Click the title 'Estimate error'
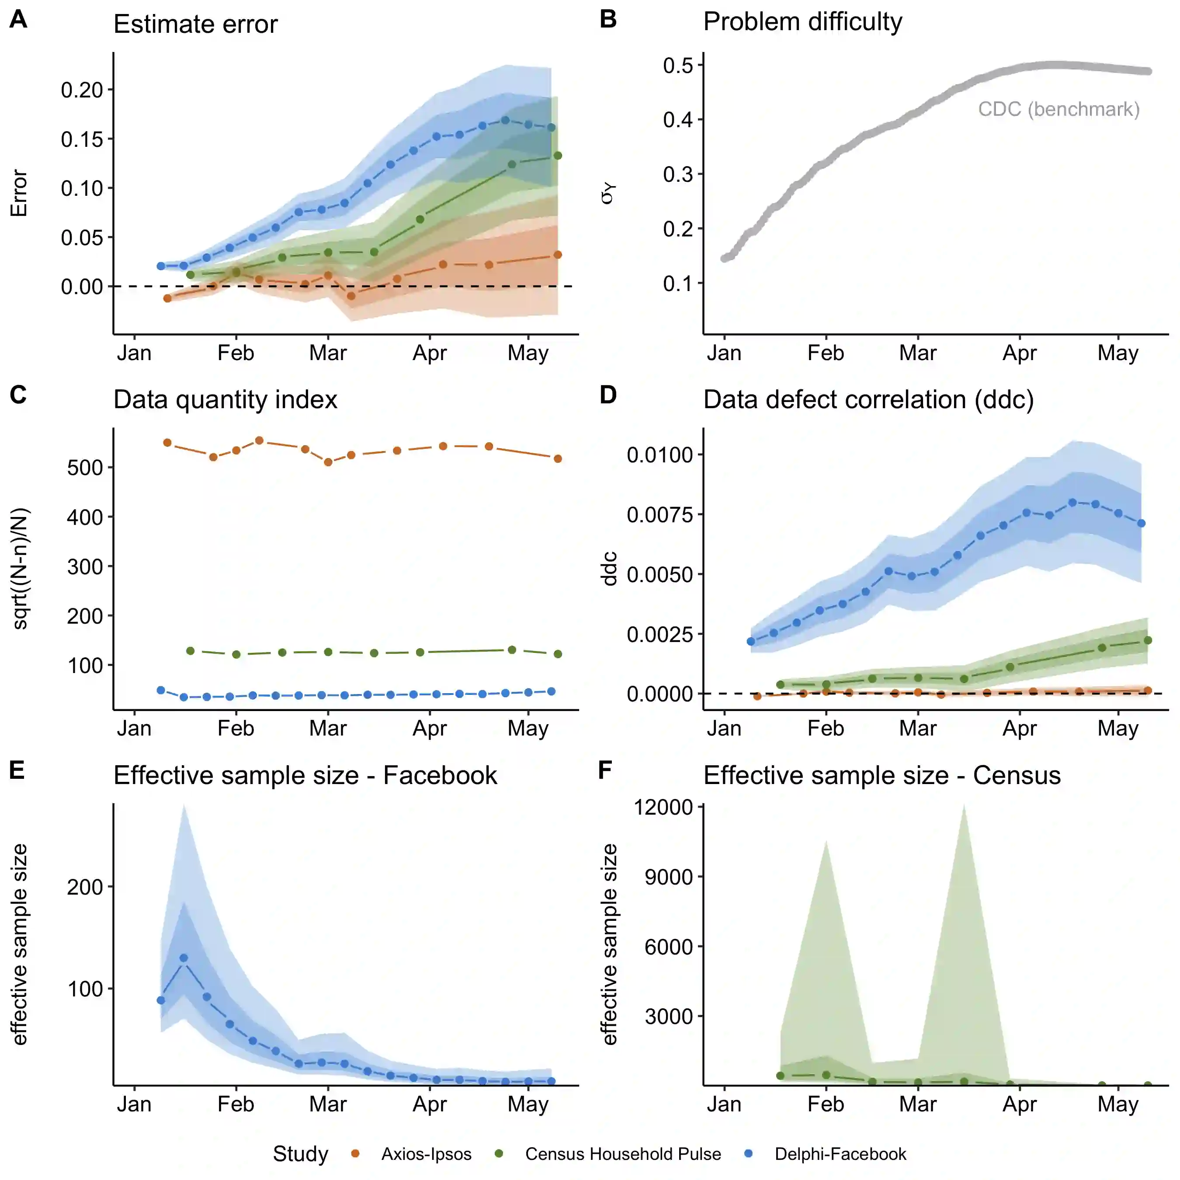pos(195,24)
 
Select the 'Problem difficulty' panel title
pos(802,22)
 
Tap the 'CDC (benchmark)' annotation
pos(1059,109)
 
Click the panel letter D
pos(608,395)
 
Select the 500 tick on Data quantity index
pos(85,468)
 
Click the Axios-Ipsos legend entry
pos(426,1154)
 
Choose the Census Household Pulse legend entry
pos(622,1154)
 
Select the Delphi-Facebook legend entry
pos(840,1154)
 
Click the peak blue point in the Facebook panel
pos(184,958)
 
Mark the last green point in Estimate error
pos(558,156)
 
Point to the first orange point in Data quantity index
pos(167,443)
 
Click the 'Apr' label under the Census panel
pos(1019,1104)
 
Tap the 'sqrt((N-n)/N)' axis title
pos(20,569)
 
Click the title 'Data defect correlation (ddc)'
pos(868,400)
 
